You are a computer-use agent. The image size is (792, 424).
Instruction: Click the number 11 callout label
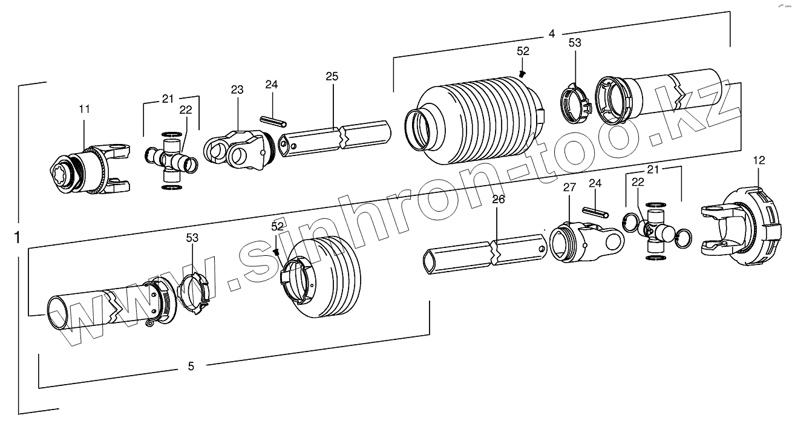pos(84,109)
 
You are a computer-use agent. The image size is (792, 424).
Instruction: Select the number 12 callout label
pos(759,160)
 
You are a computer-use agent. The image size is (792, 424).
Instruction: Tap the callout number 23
pos(237,90)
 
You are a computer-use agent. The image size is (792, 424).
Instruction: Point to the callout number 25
pos(332,76)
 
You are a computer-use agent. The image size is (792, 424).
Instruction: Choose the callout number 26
pos(497,200)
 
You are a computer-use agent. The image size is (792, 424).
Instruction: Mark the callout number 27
pos(569,188)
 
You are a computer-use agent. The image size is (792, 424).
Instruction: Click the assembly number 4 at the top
pos(551,34)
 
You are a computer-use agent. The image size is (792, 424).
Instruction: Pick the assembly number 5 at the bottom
pos(191,366)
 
